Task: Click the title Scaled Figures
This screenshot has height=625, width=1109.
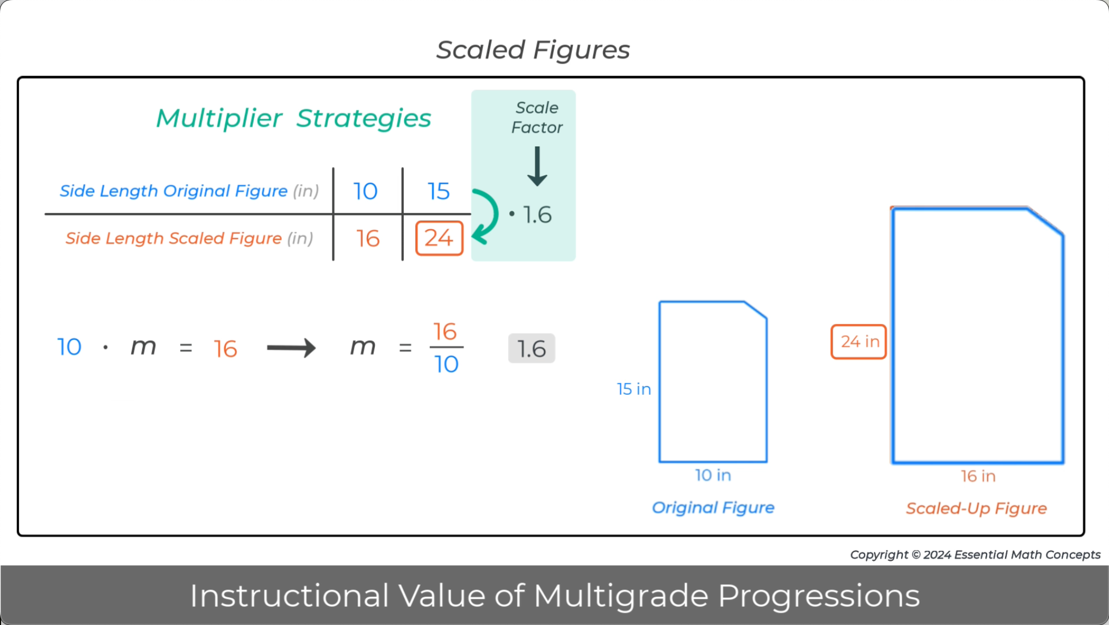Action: click(533, 50)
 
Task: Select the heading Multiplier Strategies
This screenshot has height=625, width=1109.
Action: click(293, 118)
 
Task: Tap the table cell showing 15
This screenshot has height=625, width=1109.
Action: click(438, 191)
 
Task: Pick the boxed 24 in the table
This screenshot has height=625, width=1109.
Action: click(439, 238)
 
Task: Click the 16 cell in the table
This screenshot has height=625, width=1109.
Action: click(367, 238)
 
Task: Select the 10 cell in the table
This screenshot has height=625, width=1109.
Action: click(365, 191)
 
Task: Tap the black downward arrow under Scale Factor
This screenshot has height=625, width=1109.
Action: click(537, 167)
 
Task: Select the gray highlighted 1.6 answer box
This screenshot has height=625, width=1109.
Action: click(531, 348)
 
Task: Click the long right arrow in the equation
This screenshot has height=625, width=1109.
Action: click(291, 348)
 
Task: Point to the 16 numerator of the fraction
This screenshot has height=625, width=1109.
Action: click(445, 332)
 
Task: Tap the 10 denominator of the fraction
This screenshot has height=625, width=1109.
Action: click(446, 364)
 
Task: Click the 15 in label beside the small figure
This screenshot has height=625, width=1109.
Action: click(633, 389)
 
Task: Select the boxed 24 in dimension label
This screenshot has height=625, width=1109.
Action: click(859, 342)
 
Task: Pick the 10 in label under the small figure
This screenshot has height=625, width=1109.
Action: click(713, 475)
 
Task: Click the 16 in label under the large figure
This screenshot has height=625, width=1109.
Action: click(978, 476)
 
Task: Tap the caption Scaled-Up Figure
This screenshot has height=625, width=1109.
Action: click(976, 508)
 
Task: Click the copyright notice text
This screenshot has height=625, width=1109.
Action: click(975, 555)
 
